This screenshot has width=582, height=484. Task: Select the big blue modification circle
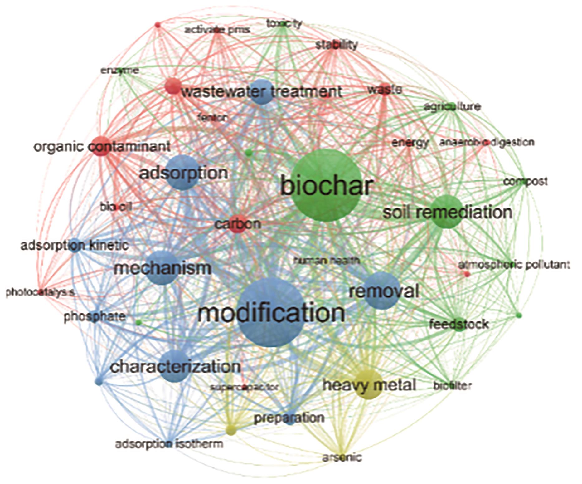tap(271, 312)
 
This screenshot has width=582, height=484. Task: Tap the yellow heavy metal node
tap(369, 385)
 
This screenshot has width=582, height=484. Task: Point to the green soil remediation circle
tap(447, 212)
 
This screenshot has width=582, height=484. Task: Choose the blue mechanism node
tap(162, 268)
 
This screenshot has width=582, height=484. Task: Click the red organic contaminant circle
tap(102, 146)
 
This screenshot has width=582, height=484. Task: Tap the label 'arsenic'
tap(342, 457)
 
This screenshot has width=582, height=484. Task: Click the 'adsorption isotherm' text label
tap(169, 444)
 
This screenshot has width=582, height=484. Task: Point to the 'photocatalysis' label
tap(40, 292)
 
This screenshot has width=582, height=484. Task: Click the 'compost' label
tap(526, 181)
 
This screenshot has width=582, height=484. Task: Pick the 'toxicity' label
tap(284, 24)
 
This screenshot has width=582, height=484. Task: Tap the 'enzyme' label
tap(120, 71)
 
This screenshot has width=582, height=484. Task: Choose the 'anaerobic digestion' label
tap(487, 142)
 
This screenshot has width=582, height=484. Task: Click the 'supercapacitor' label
tap(244, 387)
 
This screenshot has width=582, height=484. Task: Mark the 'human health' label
tap(327, 260)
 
